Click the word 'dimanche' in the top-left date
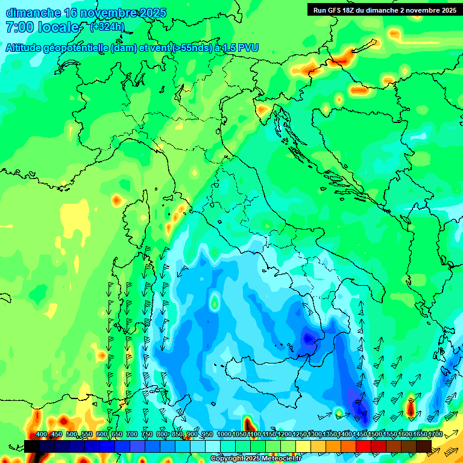click(31, 13)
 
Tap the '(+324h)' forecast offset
click(107, 27)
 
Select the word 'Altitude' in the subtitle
click(27, 48)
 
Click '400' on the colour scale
click(42, 435)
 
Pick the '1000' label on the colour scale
click(224, 435)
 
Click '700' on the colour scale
click(131, 435)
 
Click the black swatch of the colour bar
click(32, 446)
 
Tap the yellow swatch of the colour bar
click(303, 446)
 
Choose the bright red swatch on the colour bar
click(364, 446)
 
